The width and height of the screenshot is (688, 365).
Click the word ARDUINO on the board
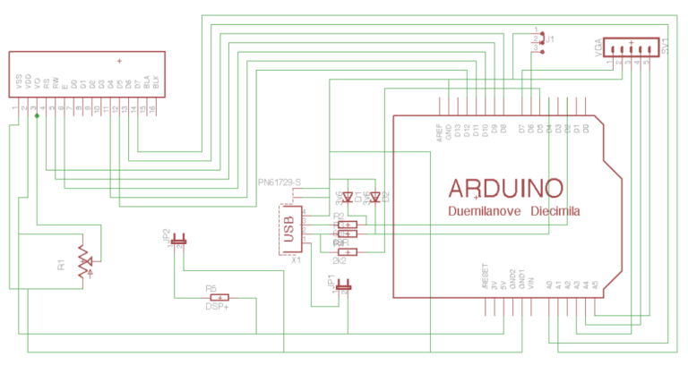pos(505,188)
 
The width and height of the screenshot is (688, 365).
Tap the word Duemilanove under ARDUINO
pos(485,213)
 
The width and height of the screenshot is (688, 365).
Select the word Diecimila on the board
pos(555,213)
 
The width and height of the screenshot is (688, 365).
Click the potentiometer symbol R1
pos(84,262)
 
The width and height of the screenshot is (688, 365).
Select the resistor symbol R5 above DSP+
pos(218,296)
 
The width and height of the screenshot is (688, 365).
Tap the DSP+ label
pos(218,306)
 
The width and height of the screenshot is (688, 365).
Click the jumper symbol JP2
pos(179,239)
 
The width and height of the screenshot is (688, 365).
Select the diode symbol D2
pos(374,196)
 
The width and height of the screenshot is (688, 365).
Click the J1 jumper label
pos(550,39)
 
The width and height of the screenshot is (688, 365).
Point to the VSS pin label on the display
pos(18,83)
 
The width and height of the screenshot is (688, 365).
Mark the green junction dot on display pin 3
pos(37,116)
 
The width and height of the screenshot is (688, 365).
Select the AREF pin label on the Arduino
pos(439,132)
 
